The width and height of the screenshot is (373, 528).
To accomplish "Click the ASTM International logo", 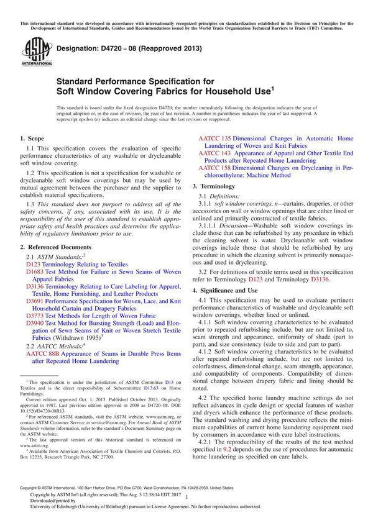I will point(30,51).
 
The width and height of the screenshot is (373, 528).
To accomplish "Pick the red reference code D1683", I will point(35,271).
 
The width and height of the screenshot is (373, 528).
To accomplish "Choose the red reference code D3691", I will point(35,298).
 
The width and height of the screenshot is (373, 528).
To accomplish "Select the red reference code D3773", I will point(35,315).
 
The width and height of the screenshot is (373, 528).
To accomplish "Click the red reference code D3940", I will point(35,324).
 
